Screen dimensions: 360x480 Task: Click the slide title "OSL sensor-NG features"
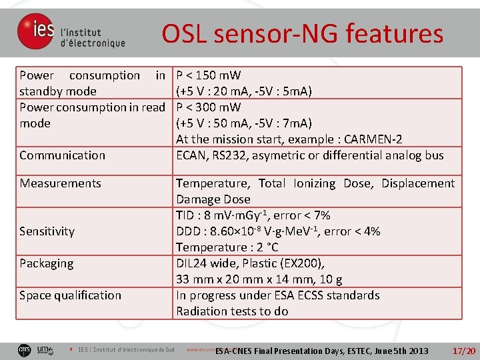click(302, 33)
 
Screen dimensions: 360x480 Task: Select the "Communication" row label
click(62, 155)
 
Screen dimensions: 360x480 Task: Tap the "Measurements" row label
click(60, 183)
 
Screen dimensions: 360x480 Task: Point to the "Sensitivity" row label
click(47, 231)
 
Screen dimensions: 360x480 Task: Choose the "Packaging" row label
click(46, 263)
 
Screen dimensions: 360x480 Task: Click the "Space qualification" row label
click(70, 295)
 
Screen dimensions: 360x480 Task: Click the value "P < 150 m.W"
click(208, 75)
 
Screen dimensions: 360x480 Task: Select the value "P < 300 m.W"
click(208, 107)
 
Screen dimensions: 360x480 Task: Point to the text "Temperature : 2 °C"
click(226, 247)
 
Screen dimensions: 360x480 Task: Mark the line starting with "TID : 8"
click(253, 215)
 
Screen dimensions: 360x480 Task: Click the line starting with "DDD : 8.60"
click(278, 231)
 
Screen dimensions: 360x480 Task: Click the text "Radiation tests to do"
click(232, 311)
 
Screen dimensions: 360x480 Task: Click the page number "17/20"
click(463, 351)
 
